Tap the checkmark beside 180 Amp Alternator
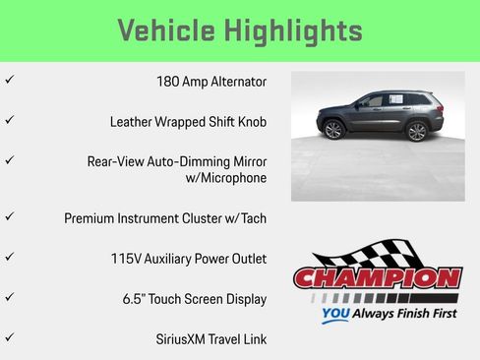click(9, 80)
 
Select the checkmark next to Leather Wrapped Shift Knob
click(9, 120)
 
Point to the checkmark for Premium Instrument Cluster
click(9, 216)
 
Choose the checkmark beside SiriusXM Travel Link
click(9, 337)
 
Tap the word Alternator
click(238, 81)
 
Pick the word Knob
click(252, 122)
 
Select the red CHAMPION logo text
click(378, 278)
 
